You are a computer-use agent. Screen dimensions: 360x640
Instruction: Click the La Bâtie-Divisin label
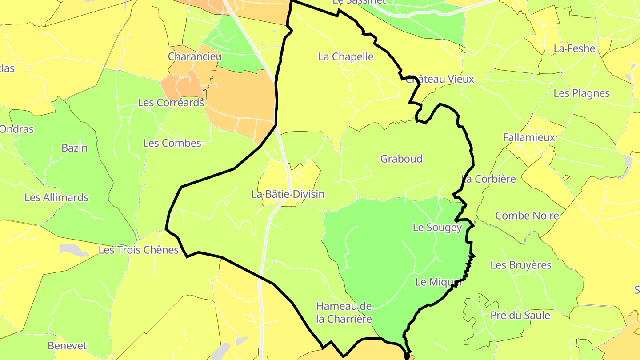[288, 194]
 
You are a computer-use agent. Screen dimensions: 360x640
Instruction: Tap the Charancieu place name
[195, 56]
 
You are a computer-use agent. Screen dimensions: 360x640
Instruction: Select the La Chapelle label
[346, 56]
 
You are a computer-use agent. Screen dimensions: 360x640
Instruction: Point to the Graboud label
[401, 159]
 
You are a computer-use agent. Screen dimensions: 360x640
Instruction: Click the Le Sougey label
[437, 227]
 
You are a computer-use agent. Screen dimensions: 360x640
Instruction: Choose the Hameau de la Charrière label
[344, 312]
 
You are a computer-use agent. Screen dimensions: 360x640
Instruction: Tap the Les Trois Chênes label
[138, 250]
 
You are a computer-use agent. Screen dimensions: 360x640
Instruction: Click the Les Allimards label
[56, 197]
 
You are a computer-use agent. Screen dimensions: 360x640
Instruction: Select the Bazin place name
[75, 148]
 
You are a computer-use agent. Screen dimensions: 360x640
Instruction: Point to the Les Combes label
[172, 143]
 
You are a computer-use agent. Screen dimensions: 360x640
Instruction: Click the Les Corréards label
[171, 103]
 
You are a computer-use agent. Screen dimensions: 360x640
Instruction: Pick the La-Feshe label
[574, 48]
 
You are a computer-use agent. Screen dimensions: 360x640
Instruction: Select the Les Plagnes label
[581, 93]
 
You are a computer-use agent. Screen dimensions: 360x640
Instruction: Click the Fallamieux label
[529, 137]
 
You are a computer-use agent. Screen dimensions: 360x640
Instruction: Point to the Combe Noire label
[527, 216]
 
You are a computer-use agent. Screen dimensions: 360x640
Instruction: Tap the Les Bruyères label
[520, 265]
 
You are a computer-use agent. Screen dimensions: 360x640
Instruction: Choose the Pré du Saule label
[520, 316]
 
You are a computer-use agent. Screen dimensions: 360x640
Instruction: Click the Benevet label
[67, 345]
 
